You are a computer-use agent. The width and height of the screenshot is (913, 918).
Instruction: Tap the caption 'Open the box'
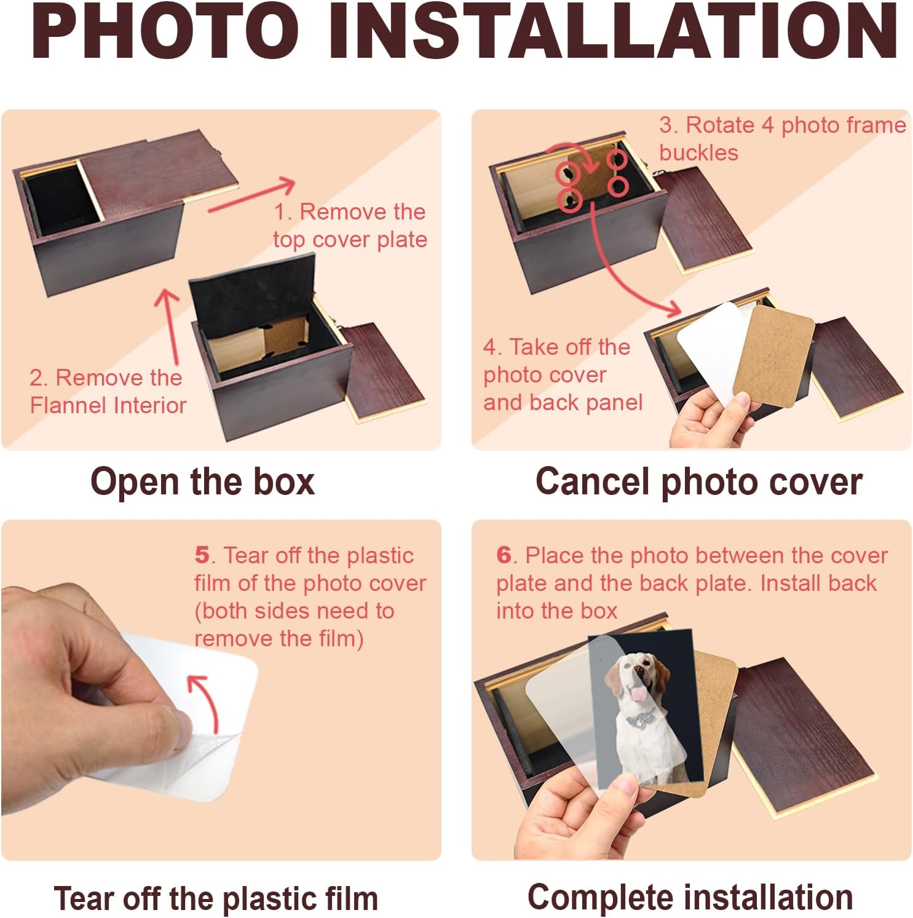[202, 481]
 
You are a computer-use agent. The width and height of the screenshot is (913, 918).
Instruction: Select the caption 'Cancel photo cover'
[698, 481]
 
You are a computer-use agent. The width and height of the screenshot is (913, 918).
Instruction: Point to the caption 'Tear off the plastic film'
[216, 898]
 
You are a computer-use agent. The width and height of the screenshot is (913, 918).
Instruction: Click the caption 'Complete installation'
[690, 897]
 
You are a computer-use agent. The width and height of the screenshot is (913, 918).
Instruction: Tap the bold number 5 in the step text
[202, 555]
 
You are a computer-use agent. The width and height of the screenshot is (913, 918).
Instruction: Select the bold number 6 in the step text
[504, 555]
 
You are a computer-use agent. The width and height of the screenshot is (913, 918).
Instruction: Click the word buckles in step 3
[698, 152]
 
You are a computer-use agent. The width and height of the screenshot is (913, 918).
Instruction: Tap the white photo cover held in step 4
[710, 350]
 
